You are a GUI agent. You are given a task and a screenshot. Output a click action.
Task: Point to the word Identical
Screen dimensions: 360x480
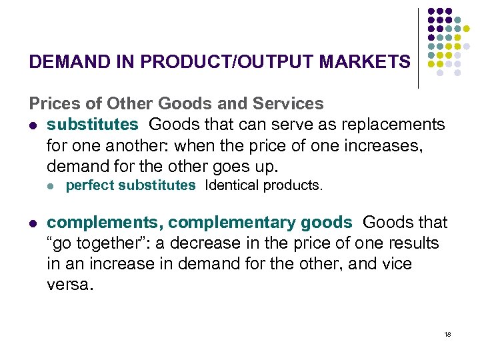click(233, 185)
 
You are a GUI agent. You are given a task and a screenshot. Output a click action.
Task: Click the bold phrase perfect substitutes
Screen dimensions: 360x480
click(131, 185)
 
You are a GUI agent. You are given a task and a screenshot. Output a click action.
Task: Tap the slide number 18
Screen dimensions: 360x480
click(447, 334)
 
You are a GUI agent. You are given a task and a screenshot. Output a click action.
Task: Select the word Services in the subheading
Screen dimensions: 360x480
click(289, 104)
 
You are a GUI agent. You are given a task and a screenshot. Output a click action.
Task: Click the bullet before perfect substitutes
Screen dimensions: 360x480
click(51, 185)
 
